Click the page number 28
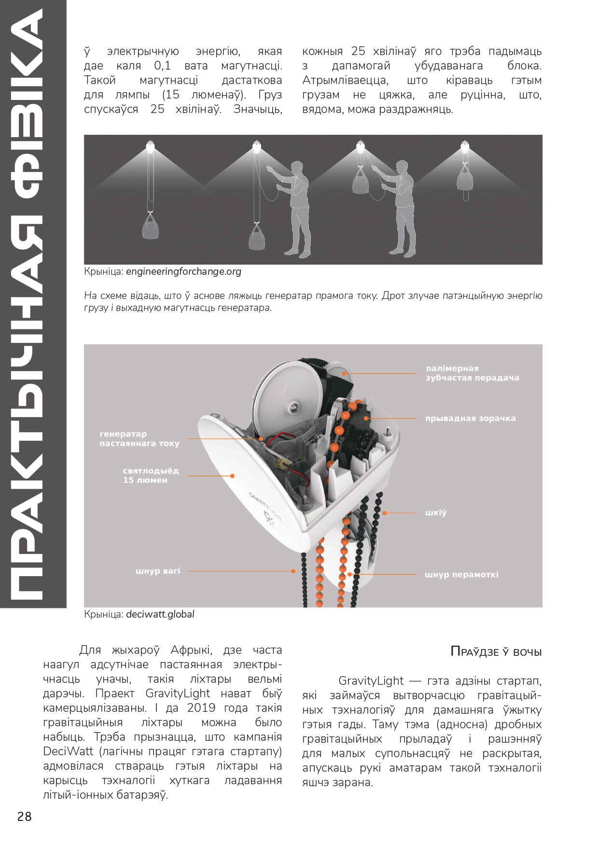point(25,817)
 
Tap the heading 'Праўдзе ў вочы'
point(496,651)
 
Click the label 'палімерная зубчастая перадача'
point(472,373)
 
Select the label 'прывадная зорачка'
point(470,419)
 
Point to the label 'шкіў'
point(436,512)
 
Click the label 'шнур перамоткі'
point(461,575)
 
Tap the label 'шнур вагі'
point(158,571)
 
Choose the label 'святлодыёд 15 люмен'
point(151,476)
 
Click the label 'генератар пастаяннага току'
point(139,438)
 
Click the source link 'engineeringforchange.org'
point(183,271)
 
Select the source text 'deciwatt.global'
point(160,614)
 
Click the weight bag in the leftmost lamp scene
point(151,227)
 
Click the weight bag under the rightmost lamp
point(465,178)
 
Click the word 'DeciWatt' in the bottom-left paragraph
point(68,751)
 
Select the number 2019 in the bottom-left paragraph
point(201,708)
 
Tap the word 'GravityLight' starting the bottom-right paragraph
point(371,681)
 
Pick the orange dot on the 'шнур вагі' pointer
point(293,571)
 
